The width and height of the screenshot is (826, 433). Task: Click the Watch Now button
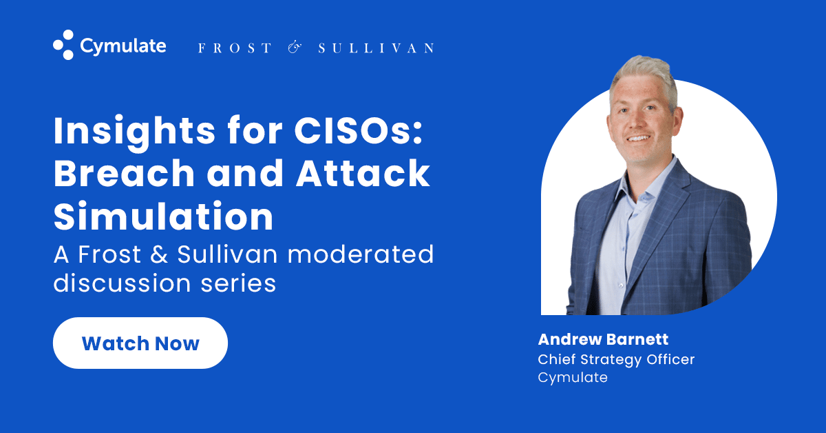[140, 343]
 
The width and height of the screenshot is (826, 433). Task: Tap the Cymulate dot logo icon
[63, 46]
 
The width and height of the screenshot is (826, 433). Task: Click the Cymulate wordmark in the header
[123, 46]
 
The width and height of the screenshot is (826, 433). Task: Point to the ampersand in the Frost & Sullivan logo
[294, 48]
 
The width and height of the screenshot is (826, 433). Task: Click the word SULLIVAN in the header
[376, 48]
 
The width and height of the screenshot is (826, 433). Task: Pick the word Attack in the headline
[363, 175]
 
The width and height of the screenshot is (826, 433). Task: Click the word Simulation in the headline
[163, 216]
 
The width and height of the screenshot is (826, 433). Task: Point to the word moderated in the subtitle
[361, 254]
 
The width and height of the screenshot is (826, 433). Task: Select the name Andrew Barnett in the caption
[603, 339]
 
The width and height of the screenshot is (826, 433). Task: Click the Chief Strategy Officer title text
[616, 359]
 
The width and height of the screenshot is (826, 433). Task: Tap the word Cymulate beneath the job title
[572, 377]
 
